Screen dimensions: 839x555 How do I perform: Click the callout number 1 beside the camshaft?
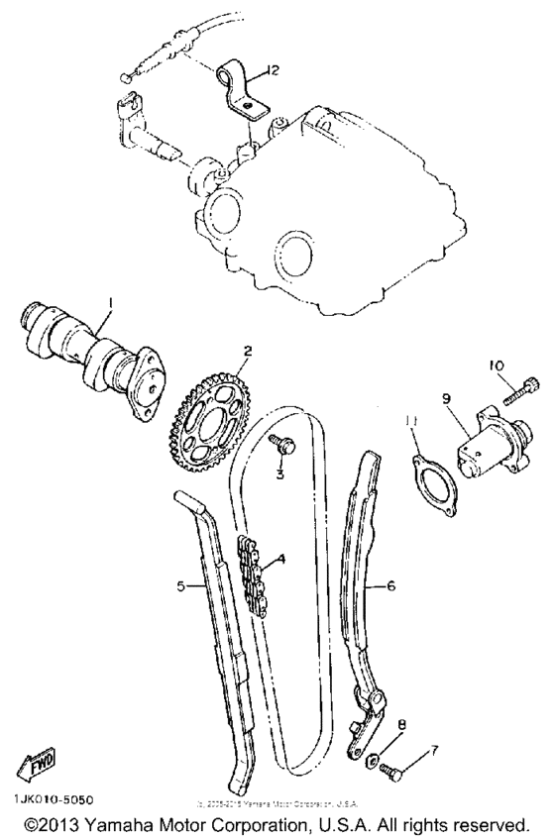click(112, 301)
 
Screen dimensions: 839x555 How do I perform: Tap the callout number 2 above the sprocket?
click(248, 350)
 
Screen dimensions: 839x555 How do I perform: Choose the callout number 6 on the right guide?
click(391, 586)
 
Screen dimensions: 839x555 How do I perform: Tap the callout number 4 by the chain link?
click(280, 559)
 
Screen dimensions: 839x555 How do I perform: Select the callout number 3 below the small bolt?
click(280, 474)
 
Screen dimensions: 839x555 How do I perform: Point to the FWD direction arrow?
click(38, 763)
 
